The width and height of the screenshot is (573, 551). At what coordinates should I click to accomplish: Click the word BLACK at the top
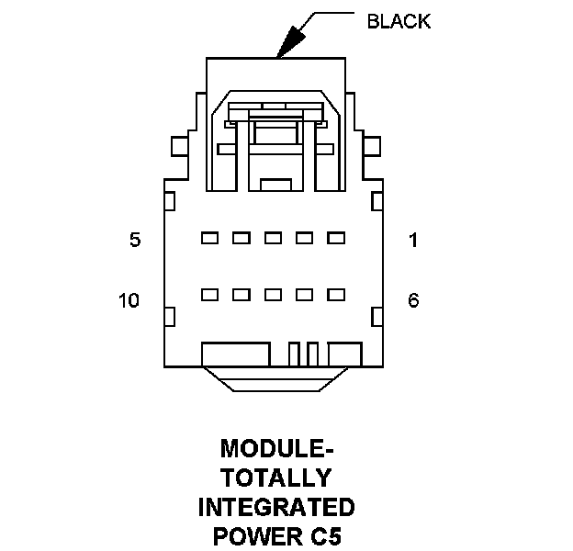tap(398, 22)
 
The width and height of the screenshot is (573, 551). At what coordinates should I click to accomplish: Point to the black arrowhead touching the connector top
tap(293, 42)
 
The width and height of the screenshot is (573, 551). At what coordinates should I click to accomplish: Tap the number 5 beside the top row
tap(135, 241)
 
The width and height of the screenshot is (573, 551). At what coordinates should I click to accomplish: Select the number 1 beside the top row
tap(413, 241)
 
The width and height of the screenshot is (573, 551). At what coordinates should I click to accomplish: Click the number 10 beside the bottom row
tap(129, 300)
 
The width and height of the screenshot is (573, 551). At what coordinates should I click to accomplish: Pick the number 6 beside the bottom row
tap(413, 300)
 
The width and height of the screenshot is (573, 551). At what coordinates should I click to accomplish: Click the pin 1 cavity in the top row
tap(336, 238)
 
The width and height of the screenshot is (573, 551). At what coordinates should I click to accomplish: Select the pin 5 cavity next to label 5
tap(209, 238)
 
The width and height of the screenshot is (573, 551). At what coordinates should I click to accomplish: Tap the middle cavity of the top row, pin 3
tap(273, 238)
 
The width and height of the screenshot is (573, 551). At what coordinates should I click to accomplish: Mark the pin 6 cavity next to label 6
tap(336, 295)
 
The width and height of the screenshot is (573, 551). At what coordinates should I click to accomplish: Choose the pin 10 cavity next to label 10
tap(209, 295)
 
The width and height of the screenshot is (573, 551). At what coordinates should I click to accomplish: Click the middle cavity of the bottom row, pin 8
tap(273, 295)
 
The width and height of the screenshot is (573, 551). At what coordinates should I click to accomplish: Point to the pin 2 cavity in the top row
tap(305, 238)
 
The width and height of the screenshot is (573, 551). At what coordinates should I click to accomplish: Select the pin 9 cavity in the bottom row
tap(242, 295)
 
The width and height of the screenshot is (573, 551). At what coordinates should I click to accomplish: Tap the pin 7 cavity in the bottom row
tap(305, 295)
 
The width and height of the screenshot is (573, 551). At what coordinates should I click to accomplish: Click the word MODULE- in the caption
tap(277, 450)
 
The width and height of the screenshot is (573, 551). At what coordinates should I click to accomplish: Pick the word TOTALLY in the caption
tap(277, 478)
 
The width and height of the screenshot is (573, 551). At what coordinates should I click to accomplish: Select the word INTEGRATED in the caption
tap(277, 507)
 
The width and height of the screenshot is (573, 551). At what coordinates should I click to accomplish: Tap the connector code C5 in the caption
tap(326, 535)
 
